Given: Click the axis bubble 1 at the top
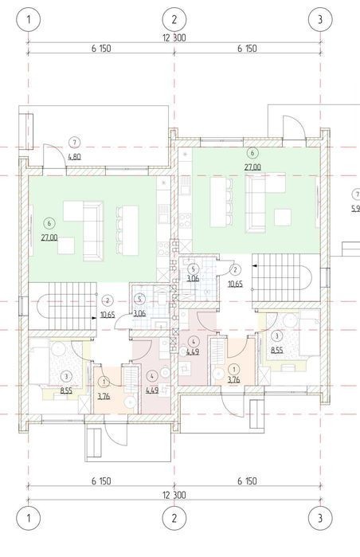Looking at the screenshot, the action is (x=29, y=19).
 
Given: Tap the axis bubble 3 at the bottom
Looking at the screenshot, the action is (x=320, y=518).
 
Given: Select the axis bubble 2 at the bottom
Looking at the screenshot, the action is (x=174, y=518).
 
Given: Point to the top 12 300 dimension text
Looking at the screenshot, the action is (x=174, y=37).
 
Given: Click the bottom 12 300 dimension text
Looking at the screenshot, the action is (x=174, y=495).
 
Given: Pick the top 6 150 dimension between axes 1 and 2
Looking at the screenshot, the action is (x=101, y=49).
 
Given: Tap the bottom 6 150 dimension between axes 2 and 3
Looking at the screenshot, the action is (x=247, y=481).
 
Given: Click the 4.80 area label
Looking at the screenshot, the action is (x=74, y=156).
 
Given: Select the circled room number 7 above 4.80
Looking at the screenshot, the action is (x=74, y=143).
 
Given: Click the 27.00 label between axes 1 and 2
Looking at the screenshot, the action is (x=49, y=237).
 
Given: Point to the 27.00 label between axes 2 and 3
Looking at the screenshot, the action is (x=252, y=167).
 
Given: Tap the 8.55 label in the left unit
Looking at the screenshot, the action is (x=66, y=390).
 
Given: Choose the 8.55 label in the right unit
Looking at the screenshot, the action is (x=277, y=350).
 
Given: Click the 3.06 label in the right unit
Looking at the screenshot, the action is (x=193, y=278).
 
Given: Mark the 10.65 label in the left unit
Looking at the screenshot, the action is (x=108, y=315).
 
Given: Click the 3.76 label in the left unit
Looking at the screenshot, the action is (x=104, y=396).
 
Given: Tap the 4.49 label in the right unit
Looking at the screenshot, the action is (x=193, y=352).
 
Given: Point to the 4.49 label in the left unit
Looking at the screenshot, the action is (x=152, y=390).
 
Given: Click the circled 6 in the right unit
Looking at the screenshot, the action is (x=252, y=153).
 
